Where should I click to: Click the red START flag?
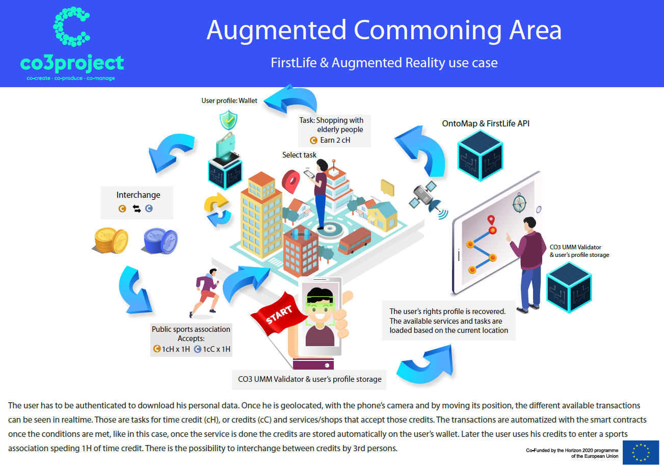pos(279,314)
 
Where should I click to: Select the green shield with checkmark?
pos(228,120)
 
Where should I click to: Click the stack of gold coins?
pos(111,240)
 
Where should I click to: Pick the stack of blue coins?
pos(161,241)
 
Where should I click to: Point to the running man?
pos(204,292)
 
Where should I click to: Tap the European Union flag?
pos(640,452)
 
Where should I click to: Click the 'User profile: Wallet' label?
pos(229,100)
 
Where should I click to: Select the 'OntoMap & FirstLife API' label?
pos(486,123)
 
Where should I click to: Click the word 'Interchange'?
pos(138,195)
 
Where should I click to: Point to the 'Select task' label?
pos(299,155)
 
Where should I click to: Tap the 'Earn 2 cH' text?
pos(335,140)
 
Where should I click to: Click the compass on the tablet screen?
pos(519,203)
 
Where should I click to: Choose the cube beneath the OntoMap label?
pos(480,155)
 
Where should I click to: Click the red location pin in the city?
pos(290,181)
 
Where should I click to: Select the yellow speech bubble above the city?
pos(387,188)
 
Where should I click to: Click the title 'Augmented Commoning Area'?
pos(384,30)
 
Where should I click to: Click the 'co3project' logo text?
pos(72,63)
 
